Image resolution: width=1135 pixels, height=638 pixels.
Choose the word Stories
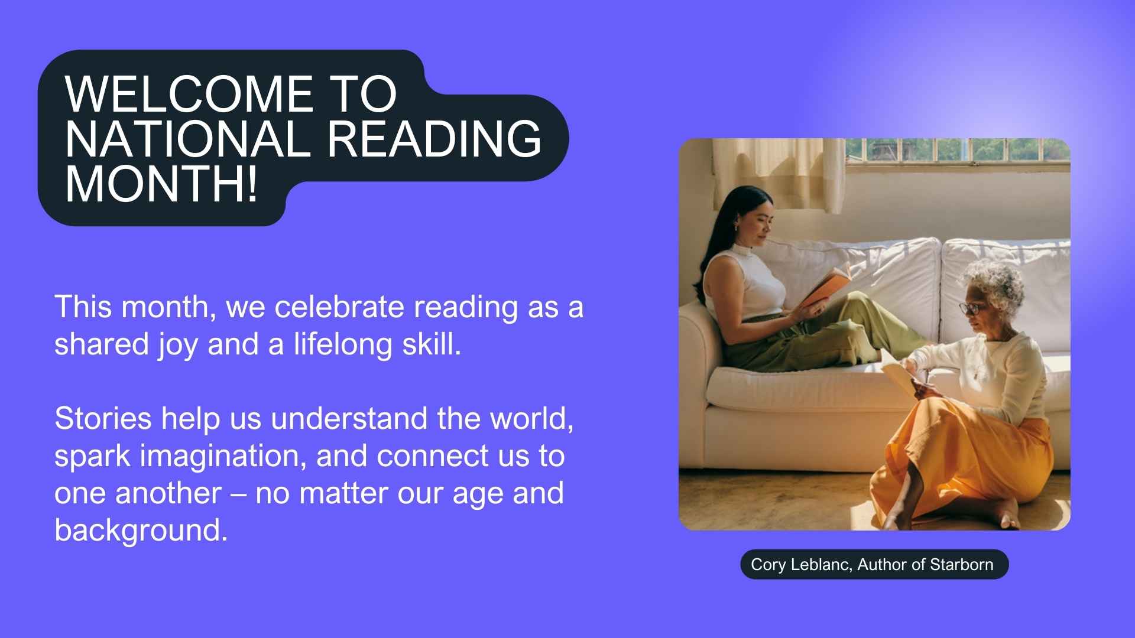103,419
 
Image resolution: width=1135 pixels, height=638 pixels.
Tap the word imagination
223,456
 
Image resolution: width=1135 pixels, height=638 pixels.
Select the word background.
141,530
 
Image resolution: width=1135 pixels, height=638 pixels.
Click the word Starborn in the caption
961,565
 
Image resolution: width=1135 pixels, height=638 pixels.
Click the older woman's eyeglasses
972,308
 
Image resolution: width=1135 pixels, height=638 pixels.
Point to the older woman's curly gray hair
995,284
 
